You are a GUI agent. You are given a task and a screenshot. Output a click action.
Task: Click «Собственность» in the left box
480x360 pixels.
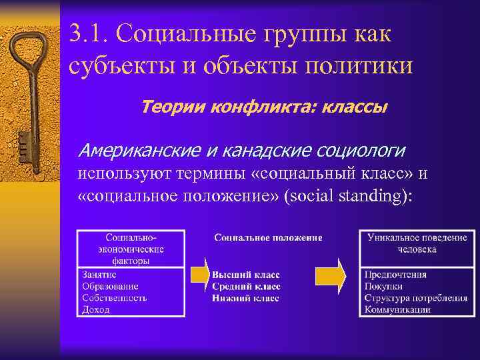114,298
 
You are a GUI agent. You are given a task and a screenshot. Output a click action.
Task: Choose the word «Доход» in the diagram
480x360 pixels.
95,309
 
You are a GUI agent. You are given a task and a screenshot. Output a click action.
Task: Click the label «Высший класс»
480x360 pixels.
246,275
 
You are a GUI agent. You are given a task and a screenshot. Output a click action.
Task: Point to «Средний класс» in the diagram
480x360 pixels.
246,286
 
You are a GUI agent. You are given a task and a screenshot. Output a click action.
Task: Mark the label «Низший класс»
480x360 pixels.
245,298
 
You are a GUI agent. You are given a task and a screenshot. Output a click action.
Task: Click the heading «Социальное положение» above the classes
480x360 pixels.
268,237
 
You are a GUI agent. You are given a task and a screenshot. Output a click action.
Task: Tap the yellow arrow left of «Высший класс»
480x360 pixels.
199,275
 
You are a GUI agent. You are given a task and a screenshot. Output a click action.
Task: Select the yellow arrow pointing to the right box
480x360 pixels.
330,274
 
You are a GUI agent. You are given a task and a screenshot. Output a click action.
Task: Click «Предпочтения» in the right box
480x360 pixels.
395,275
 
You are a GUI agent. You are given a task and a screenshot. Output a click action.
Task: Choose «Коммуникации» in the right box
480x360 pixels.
397,309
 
